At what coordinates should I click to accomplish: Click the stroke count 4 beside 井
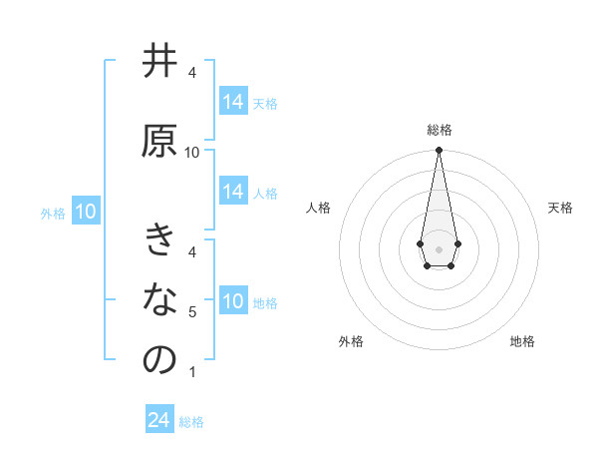192,74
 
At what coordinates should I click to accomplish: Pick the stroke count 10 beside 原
192,153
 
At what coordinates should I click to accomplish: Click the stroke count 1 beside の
192,372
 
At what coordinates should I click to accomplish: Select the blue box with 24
159,420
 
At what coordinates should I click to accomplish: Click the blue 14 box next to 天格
233,101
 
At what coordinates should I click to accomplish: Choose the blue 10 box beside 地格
233,300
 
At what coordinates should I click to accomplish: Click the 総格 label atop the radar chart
440,130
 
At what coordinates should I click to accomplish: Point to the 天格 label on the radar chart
560,208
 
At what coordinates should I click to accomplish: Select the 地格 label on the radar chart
522,341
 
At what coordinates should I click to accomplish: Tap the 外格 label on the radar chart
351,341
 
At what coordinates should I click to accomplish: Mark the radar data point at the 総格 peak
439,151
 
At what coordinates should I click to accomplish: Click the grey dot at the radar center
439,248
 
